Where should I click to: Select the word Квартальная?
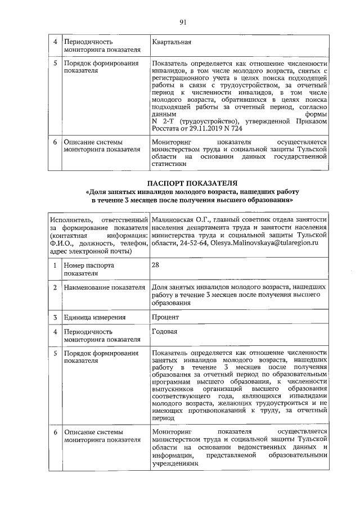172,42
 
